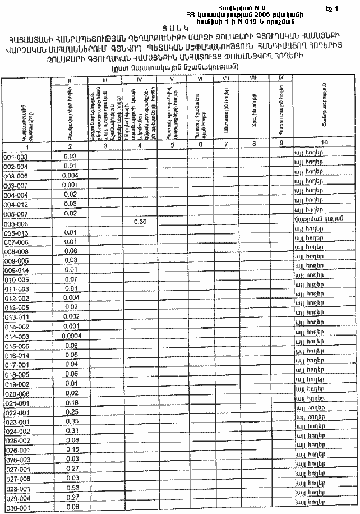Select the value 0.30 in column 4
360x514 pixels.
pyautogui.click(x=140, y=222)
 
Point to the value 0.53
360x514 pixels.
pyautogui.click(x=71, y=488)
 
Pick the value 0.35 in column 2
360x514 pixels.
pyautogui.click(x=71, y=421)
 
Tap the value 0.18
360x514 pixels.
pyautogui.click(x=71, y=402)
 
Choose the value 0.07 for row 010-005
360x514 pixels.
pyautogui.click(x=71, y=279)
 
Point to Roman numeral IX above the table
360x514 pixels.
pyautogui.click(x=281, y=77)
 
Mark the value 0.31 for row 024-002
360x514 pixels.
pyautogui.click(x=71, y=430)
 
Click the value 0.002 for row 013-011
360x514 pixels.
pyautogui.click(x=71, y=316)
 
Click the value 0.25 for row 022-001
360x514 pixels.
pyautogui.click(x=71, y=411)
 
